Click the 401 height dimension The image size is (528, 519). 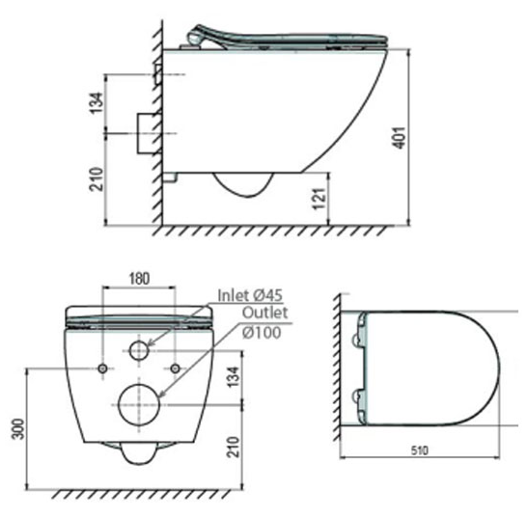click(x=400, y=137)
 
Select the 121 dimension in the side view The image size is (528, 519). click(x=320, y=199)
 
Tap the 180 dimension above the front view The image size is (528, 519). click(x=139, y=279)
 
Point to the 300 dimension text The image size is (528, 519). click(x=18, y=428)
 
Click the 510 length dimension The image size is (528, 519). click(x=420, y=451)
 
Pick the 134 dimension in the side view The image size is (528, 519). click(x=97, y=103)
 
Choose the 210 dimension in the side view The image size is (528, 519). click(x=97, y=179)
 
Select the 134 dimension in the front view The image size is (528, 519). click(x=235, y=377)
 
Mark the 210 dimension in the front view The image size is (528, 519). click(x=234, y=447)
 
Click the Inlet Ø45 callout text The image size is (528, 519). click(x=250, y=295)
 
